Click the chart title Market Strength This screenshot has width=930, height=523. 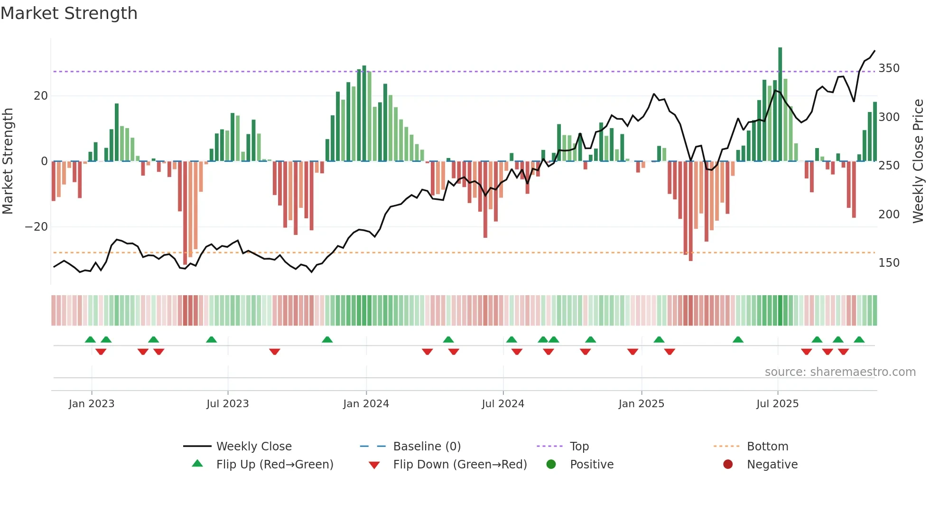pos(69,13)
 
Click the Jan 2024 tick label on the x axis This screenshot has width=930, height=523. pos(366,404)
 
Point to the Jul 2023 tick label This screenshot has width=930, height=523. pos(227,404)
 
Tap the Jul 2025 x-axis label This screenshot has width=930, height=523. pos(777,404)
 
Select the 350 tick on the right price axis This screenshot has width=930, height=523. pos(889,68)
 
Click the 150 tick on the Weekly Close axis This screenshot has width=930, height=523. pos(889,263)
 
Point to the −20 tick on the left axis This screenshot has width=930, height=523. pos(36,227)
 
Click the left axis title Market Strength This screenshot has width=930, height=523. pos(8,161)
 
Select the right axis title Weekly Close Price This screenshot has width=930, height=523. pos(918,161)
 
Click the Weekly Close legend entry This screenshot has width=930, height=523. pos(253,447)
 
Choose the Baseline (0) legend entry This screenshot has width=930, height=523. pos(427,447)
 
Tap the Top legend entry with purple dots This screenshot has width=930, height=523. pos(579,447)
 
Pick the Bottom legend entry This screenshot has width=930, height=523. pos(767,447)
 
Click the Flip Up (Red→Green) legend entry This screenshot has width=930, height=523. pos(274,465)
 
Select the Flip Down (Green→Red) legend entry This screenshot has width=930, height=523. pos(459,465)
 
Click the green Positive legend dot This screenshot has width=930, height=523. pos(551,464)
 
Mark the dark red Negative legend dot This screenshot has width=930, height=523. pos(728,464)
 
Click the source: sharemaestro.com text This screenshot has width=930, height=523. pos(840,372)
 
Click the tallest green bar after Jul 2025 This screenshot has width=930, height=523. pos(780,104)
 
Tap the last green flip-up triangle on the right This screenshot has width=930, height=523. pos(859,340)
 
